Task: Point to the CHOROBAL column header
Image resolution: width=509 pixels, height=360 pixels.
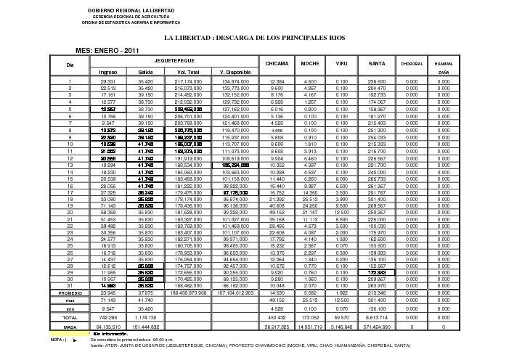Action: (410, 65)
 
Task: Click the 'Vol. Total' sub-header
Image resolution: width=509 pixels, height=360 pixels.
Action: (188, 73)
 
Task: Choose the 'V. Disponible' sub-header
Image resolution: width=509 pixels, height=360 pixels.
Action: (235, 73)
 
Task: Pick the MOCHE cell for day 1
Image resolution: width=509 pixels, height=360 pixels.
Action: (310, 82)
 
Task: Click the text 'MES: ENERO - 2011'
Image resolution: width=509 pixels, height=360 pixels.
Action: (108, 50)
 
